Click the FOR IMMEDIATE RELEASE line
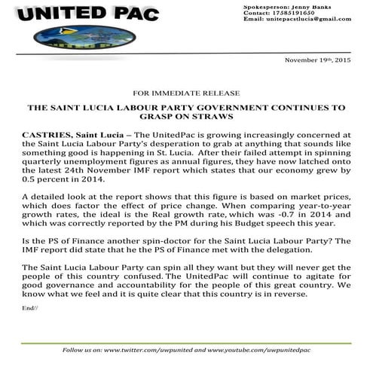pos(185,96)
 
